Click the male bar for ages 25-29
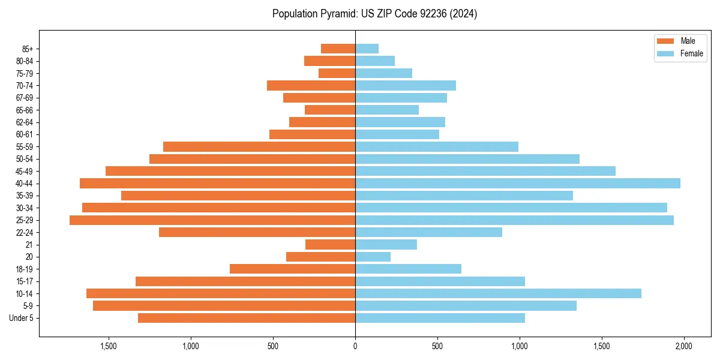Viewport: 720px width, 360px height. pos(212,220)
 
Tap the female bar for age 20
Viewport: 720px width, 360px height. pos(373,257)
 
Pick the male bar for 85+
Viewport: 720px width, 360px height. pos(338,49)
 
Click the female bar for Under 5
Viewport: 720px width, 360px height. pos(440,318)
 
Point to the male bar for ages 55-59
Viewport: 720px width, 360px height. pos(259,146)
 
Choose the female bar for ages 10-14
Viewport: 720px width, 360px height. pos(498,293)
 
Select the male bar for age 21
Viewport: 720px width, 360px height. pos(331,245)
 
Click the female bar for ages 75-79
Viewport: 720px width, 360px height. pos(384,73)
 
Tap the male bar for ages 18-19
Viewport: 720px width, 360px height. pos(293,269)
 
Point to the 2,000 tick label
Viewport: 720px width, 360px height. pos(683,346)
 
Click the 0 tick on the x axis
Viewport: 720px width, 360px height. pos(355,346)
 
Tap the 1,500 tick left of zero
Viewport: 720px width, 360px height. pos(109,346)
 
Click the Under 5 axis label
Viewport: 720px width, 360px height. pos(22,318)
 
